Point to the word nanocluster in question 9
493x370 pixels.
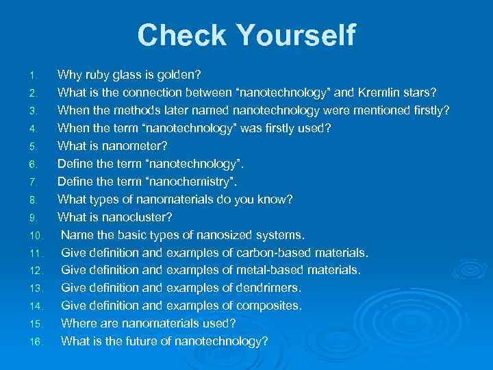coord(134,217)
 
